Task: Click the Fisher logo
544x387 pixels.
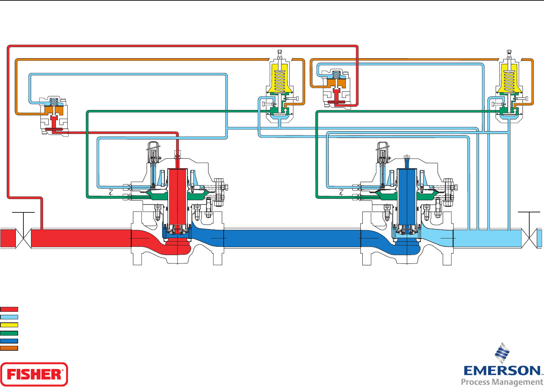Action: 34,374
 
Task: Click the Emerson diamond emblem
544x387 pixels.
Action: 502,353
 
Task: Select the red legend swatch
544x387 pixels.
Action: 9,309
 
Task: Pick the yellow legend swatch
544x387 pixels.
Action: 9,325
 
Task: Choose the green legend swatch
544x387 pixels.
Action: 9,333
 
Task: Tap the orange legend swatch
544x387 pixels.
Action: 9,348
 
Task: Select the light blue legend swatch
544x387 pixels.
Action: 9,317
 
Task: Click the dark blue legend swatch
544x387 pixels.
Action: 9,341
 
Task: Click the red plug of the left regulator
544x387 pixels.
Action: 177,197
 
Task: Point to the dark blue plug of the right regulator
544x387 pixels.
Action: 407,197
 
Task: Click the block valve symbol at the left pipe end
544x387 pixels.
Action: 23,238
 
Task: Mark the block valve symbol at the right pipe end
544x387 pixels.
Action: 529,238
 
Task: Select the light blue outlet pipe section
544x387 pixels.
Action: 487,238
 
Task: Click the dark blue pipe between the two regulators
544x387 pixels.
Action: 291,238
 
